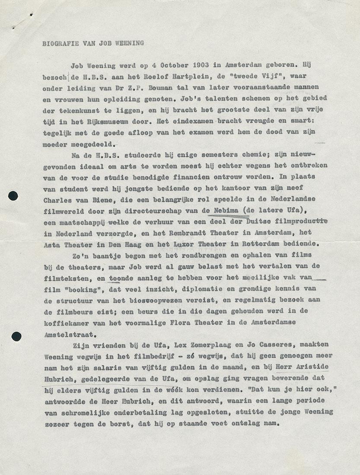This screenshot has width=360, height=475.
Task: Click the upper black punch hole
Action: pyautogui.click(x=13, y=196)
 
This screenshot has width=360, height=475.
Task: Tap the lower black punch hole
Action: pyautogui.click(x=16, y=336)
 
